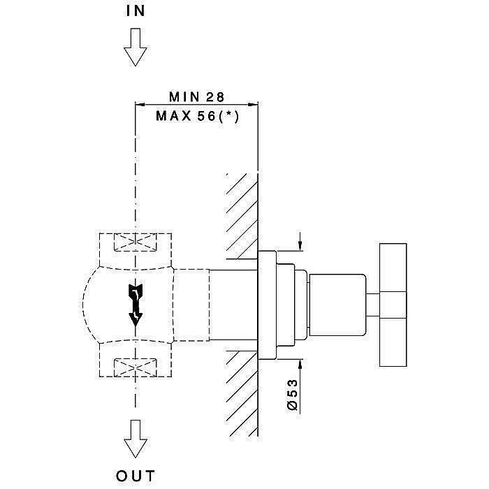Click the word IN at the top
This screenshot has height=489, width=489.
(136, 11)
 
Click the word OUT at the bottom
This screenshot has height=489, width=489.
(136, 477)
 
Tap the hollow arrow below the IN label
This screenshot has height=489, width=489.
(134, 50)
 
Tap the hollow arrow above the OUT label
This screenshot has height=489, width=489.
(134, 440)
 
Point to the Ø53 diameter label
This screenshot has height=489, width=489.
(293, 395)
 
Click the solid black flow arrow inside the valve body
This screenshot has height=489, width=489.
(134, 303)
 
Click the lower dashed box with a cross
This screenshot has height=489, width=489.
(134, 367)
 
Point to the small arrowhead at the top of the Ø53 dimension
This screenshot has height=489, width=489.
(300, 245)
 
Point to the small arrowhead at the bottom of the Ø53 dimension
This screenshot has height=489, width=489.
(300, 364)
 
